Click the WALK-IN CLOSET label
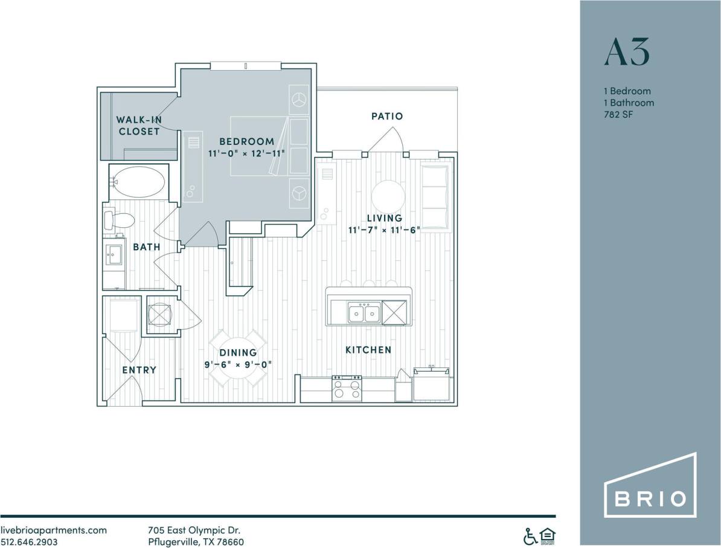click(x=139, y=125)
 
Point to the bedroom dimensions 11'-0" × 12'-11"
click(x=246, y=153)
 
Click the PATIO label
click(x=387, y=116)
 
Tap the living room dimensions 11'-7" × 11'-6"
click(x=383, y=230)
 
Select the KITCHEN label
click(x=368, y=350)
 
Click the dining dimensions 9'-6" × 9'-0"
click(x=238, y=364)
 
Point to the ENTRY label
click(x=139, y=370)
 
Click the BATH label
click(x=147, y=247)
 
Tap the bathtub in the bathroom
click(x=138, y=181)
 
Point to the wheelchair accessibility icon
click(x=530, y=535)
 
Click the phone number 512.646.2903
click(x=28, y=541)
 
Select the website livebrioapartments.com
click(x=54, y=530)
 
